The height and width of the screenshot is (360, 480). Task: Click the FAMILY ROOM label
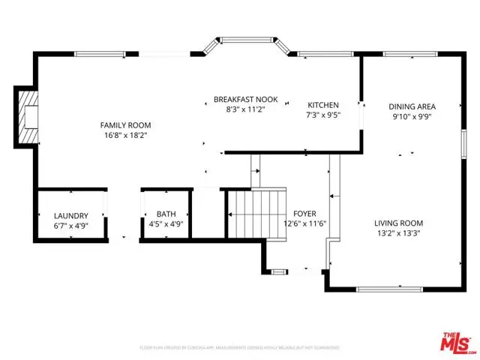click(x=126, y=125)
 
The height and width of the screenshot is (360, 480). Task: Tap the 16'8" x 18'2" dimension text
click(x=126, y=136)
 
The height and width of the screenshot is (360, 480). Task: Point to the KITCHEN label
click(x=324, y=105)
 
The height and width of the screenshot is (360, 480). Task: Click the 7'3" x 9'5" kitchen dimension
click(x=324, y=115)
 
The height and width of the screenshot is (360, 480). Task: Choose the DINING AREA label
click(x=412, y=106)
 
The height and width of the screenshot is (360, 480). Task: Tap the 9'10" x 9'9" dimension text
click(x=412, y=116)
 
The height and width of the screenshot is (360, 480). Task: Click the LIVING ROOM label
click(x=399, y=223)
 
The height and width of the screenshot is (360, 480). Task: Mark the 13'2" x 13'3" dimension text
click(x=399, y=234)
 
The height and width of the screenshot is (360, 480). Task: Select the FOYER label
click(x=304, y=212)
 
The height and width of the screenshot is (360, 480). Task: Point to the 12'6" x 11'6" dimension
click(x=304, y=223)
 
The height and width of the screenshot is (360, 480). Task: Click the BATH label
click(x=166, y=214)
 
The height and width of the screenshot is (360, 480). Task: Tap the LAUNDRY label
click(x=70, y=215)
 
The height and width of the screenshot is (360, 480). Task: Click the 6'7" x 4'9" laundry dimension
click(x=70, y=224)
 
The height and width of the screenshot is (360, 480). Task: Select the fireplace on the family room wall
click(x=27, y=117)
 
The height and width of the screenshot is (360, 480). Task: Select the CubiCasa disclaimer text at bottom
click(x=239, y=348)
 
